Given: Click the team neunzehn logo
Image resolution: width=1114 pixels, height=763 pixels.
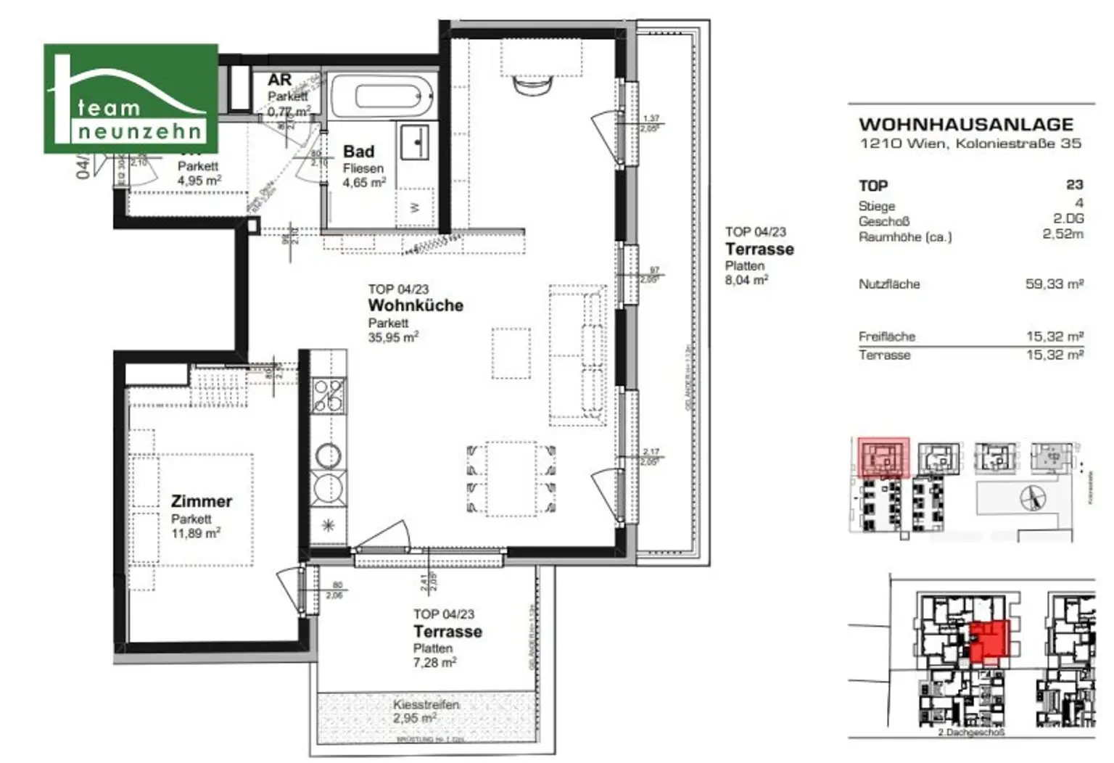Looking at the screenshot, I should (131, 99).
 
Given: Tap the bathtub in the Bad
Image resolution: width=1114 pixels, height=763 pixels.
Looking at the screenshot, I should (381, 96).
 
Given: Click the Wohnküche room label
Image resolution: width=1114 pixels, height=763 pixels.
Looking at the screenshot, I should (415, 305).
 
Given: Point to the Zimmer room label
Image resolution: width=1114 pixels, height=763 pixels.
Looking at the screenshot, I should (201, 501).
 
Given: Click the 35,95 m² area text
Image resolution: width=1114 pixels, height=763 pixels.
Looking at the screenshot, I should (392, 337).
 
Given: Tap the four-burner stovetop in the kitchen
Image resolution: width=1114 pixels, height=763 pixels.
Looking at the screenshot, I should (328, 396).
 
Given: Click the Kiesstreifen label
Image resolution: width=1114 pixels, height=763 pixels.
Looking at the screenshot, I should (426, 704).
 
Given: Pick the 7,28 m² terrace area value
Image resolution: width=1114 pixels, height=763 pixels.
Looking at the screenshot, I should (434, 662).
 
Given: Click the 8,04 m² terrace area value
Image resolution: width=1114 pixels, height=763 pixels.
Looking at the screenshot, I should (746, 280).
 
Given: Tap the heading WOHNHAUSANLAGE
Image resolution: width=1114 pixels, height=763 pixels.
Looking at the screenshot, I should (965, 125).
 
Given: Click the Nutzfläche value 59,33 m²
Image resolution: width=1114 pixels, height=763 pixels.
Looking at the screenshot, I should (1054, 284).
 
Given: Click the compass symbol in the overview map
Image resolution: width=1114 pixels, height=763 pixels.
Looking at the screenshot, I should (1033, 498).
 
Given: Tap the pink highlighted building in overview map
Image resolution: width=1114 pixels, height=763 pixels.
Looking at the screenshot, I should (883, 458).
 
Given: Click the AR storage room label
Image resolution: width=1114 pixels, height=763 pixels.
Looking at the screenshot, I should (279, 81).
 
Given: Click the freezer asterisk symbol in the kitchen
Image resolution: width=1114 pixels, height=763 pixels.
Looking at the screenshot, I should (328, 526).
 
